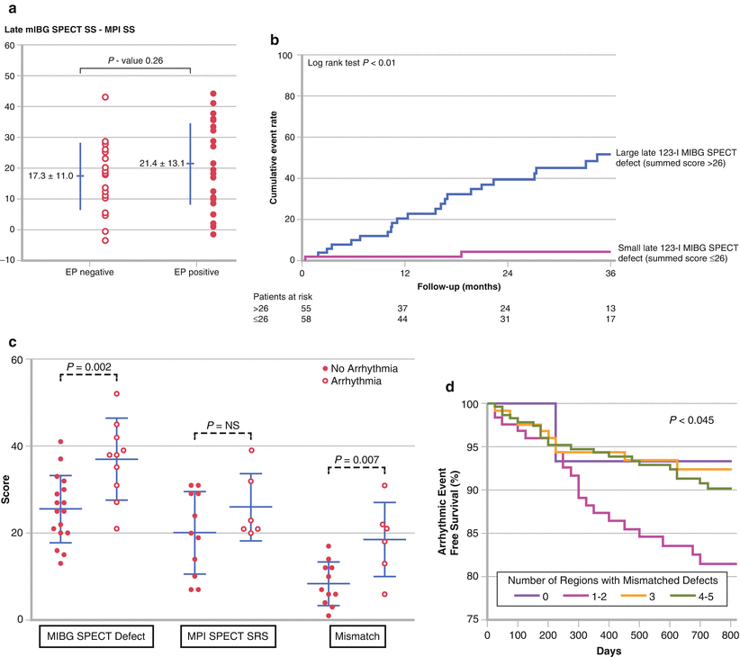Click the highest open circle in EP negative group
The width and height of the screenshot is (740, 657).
coord(105,96)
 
